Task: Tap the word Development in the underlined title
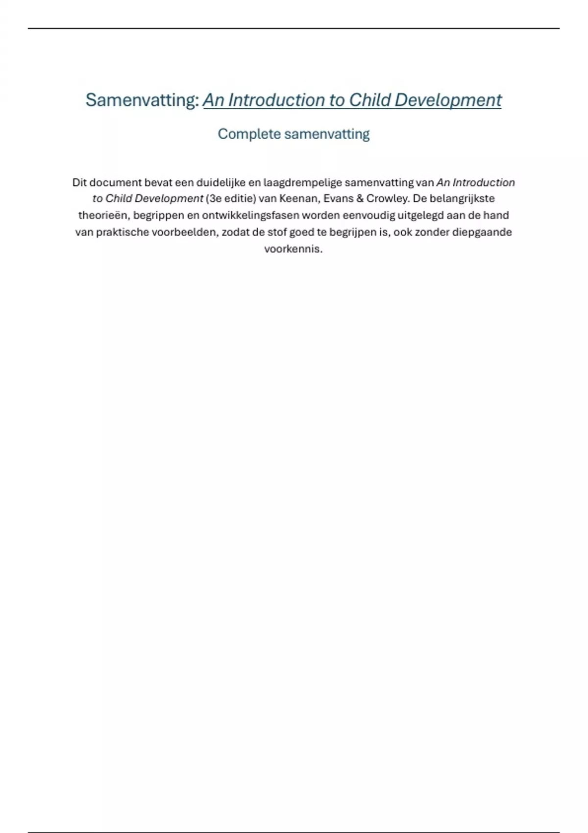[448, 100]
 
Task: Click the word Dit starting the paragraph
[79, 183]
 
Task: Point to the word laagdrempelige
[303, 183]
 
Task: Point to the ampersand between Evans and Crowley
[360, 198]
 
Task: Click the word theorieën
[102, 215]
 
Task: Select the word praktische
[122, 232]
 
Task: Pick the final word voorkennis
[293, 249]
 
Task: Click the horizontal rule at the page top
[294, 28]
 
